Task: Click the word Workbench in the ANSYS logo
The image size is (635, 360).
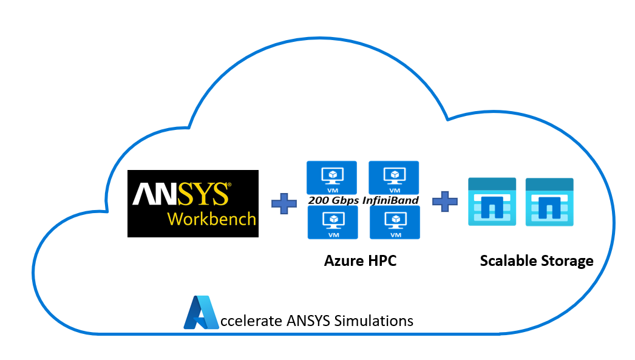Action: (x=212, y=219)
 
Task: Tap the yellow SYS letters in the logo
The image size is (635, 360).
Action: (x=203, y=194)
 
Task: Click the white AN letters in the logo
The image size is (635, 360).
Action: (x=155, y=194)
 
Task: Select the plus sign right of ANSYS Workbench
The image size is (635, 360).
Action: (x=284, y=203)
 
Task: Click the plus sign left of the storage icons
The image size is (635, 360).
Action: (x=444, y=202)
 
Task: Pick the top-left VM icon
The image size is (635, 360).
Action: (x=331, y=178)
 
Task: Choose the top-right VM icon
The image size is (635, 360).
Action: (x=393, y=178)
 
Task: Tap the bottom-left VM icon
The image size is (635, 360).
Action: (x=333, y=222)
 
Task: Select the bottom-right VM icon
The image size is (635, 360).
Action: (x=395, y=222)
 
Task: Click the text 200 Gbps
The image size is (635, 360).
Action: (x=333, y=200)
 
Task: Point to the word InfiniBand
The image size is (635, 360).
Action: (x=390, y=200)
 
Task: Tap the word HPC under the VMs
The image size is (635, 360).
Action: (x=382, y=261)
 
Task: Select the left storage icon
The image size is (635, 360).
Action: (x=492, y=202)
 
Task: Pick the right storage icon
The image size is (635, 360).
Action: (x=549, y=202)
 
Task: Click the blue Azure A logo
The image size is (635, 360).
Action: (x=202, y=312)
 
